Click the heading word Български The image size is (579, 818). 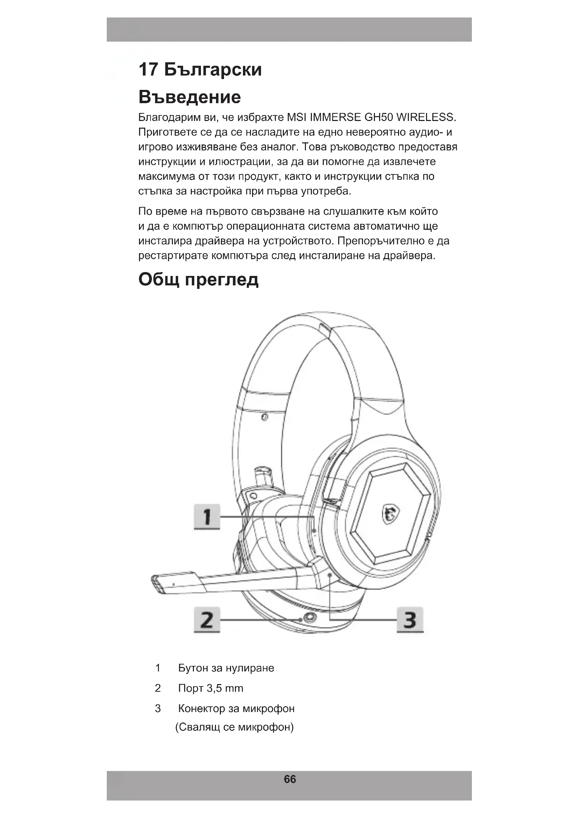point(213,70)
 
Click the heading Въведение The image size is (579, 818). point(189,97)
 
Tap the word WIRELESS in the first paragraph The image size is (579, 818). point(426,117)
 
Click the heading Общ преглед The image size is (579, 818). point(198,280)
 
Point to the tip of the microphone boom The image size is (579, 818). point(157,584)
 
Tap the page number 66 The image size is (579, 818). point(289,779)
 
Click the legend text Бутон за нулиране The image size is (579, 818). point(226,668)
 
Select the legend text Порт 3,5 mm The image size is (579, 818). point(211,688)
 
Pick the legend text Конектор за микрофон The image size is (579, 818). point(236,709)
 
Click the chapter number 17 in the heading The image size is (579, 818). point(148,70)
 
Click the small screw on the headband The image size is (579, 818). point(265,417)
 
